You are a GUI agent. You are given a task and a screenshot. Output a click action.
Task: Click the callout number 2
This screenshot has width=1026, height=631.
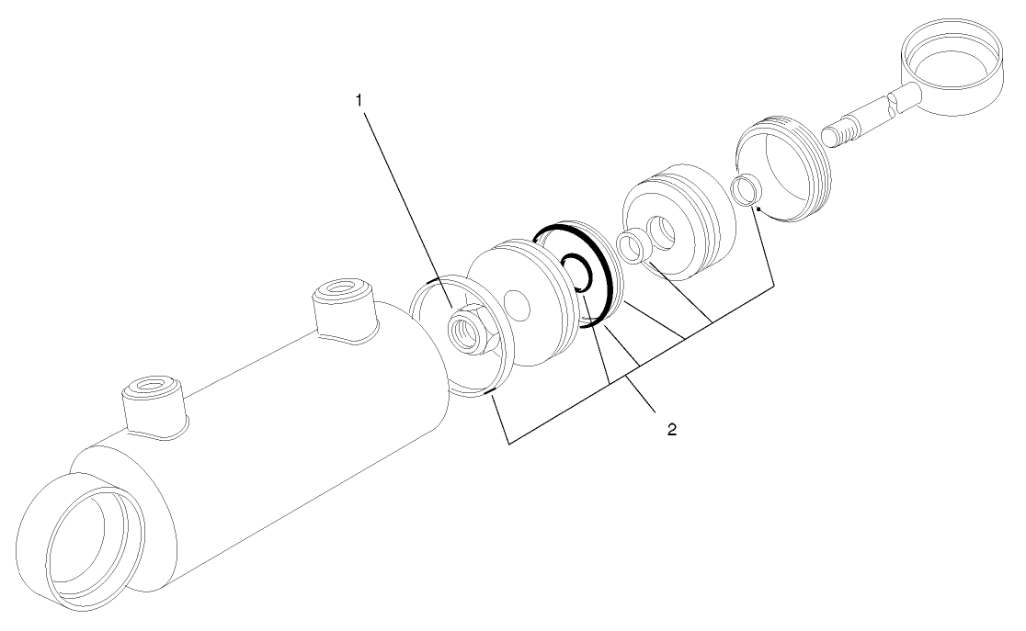(672, 428)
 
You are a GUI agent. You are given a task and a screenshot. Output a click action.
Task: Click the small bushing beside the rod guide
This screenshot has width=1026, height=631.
(630, 246)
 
